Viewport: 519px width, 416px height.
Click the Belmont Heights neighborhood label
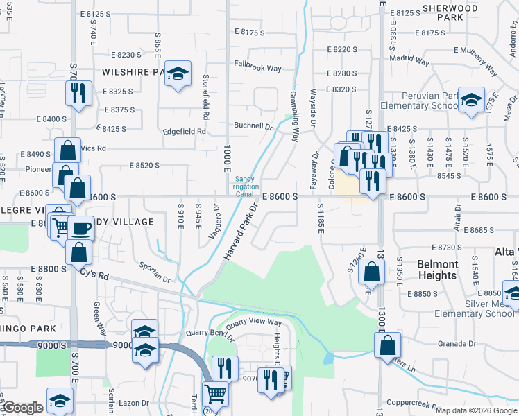tap(438, 270)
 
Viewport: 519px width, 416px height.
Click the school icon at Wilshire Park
tap(178, 75)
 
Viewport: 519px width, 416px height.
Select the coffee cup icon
tap(80, 228)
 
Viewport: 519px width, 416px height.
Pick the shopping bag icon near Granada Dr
tap(387, 345)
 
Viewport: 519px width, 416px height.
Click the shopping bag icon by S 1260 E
tap(372, 272)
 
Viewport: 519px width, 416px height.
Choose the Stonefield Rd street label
tap(206, 95)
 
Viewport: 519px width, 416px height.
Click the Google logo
tap(22, 408)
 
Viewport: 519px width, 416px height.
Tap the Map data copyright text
tap(475, 410)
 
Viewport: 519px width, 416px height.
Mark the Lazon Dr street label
tap(135, 402)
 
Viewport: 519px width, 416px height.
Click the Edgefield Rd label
tap(184, 131)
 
